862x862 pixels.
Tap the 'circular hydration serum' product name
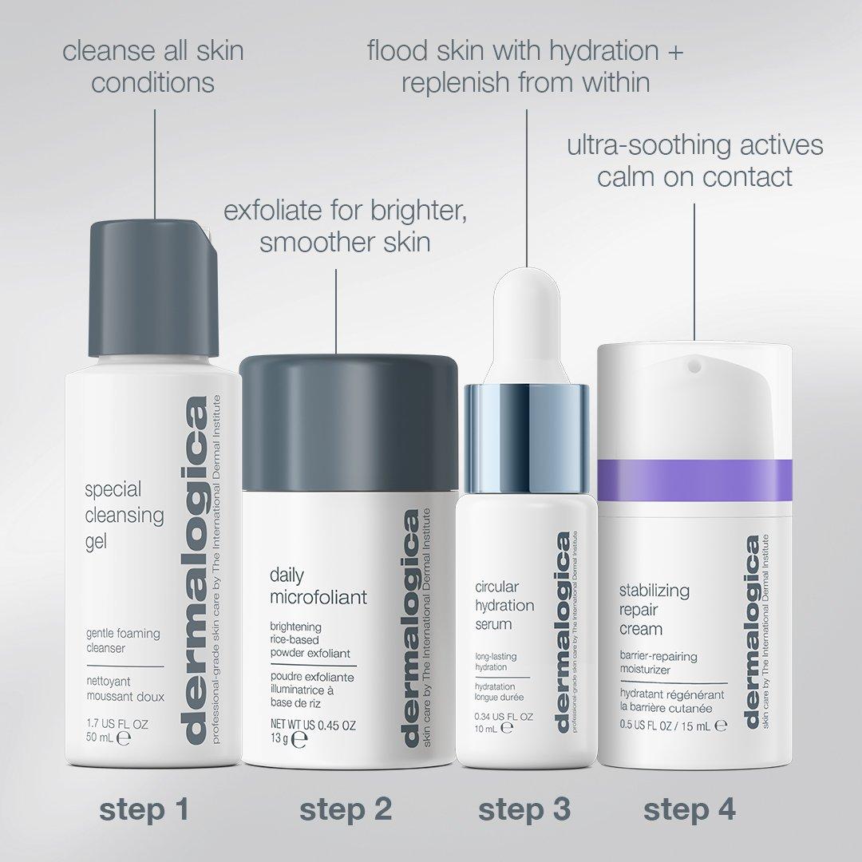504,606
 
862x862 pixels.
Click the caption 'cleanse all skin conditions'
153,66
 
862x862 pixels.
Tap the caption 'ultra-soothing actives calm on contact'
694,160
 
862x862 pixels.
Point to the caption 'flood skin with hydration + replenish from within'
526,66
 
